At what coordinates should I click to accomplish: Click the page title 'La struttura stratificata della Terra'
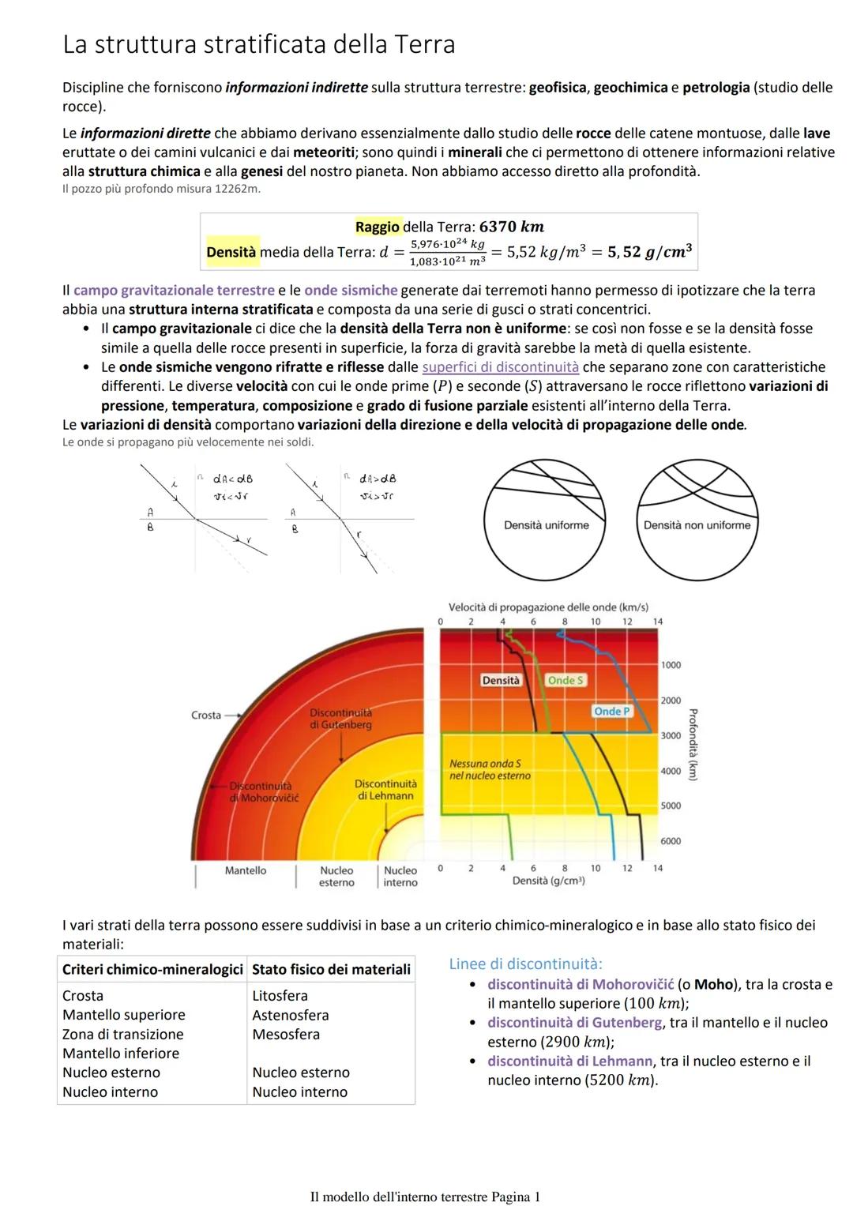pyautogui.click(x=259, y=44)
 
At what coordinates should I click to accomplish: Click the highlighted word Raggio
pyautogui.click(x=378, y=227)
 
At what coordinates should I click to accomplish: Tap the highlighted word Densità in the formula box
pyautogui.click(x=231, y=252)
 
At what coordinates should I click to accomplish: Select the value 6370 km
pyautogui.click(x=512, y=227)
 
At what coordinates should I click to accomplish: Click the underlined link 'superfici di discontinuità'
pyautogui.click(x=500, y=367)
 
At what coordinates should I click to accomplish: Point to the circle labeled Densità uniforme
pyautogui.click(x=547, y=520)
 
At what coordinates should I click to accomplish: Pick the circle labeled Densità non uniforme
pyautogui.click(x=697, y=520)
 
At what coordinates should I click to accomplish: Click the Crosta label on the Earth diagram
pyautogui.click(x=206, y=715)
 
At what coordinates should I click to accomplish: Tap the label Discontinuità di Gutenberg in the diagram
pyautogui.click(x=340, y=719)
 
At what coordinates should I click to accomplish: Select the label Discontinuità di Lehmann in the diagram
pyautogui.click(x=385, y=790)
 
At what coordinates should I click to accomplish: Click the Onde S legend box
pyautogui.click(x=566, y=680)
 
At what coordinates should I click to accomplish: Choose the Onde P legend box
pyautogui.click(x=612, y=712)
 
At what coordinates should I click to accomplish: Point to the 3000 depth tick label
pyautogui.click(x=671, y=736)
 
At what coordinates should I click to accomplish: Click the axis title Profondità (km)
pyautogui.click(x=693, y=744)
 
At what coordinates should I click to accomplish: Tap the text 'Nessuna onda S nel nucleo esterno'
pyautogui.click(x=490, y=770)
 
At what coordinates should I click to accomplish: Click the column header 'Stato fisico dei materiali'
pyautogui.click(x=331, y=969)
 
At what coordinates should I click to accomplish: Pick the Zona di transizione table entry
pyautogui.click(x=123, y=1034)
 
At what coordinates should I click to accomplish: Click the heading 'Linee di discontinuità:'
pyautogui.click(x=525, y=964)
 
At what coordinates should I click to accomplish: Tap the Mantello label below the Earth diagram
pyautogui.click(x=246, y=870)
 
